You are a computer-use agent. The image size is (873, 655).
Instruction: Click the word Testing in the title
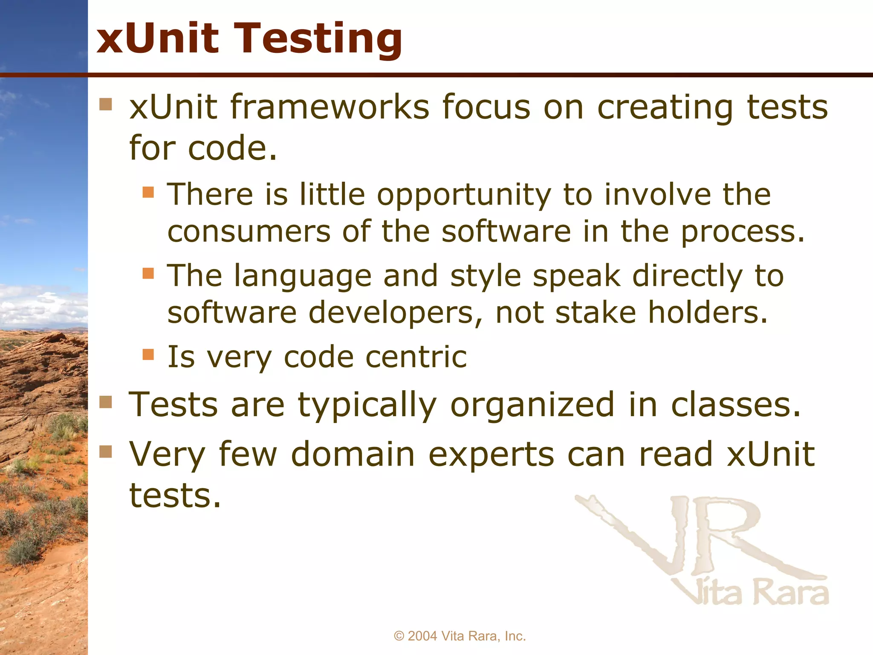(x=319, y=39)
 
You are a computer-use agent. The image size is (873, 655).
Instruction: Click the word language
(x=303, y=276)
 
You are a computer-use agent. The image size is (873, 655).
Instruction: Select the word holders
(x=708, y=313)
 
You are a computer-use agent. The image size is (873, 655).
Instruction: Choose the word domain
(x=353, y=455)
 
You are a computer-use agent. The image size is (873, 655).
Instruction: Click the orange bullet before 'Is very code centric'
(x=148, y=354)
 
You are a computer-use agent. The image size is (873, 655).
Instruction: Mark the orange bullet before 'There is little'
(x=148, y=192)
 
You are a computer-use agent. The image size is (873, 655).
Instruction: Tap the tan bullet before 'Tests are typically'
(x=105, y=402)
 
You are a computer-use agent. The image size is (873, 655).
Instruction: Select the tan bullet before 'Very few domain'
(x=105, y=451)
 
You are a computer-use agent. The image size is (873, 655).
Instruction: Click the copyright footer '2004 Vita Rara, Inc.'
(x=460, y=636)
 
